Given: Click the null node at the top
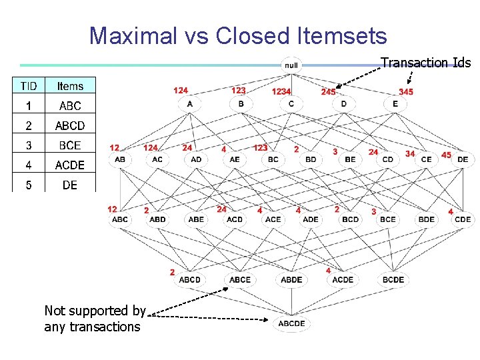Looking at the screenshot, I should [291, 65].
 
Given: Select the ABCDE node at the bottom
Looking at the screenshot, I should [291, 323].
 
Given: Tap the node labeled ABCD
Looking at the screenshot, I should [189, 279].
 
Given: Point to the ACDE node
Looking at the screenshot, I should [343, 279].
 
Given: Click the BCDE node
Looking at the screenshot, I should [393, 279].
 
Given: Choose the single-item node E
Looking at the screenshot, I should [395, 104].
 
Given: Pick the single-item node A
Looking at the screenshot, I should [189, 104].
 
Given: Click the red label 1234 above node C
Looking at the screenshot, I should [281, 91].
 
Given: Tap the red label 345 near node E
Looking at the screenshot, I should [405, 91].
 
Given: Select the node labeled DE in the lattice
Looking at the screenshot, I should [463, 159].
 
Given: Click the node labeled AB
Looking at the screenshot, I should [120, 159].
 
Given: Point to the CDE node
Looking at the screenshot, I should [463, 219].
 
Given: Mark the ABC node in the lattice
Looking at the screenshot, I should [120, 219].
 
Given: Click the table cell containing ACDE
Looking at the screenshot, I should [70, 165].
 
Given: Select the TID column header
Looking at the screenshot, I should [29, 86].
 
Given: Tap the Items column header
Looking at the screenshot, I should [70, 86].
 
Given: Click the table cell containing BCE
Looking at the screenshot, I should [70, 145].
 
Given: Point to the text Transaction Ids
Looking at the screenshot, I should [425, 63].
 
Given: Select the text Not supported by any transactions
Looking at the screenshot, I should [94, 319].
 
